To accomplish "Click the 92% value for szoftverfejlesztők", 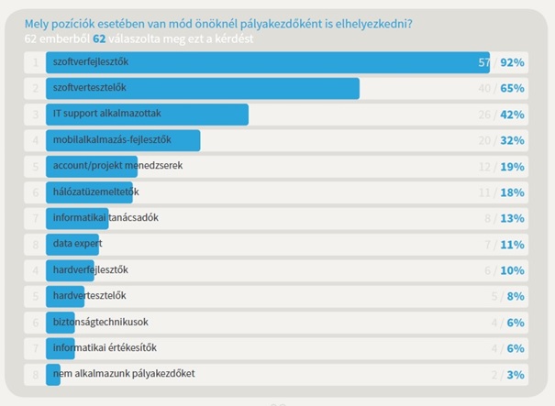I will [512, 62].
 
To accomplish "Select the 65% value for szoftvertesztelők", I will [512, 89].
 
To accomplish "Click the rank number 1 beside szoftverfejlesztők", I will [35, 62].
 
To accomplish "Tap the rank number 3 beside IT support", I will [35, 115].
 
